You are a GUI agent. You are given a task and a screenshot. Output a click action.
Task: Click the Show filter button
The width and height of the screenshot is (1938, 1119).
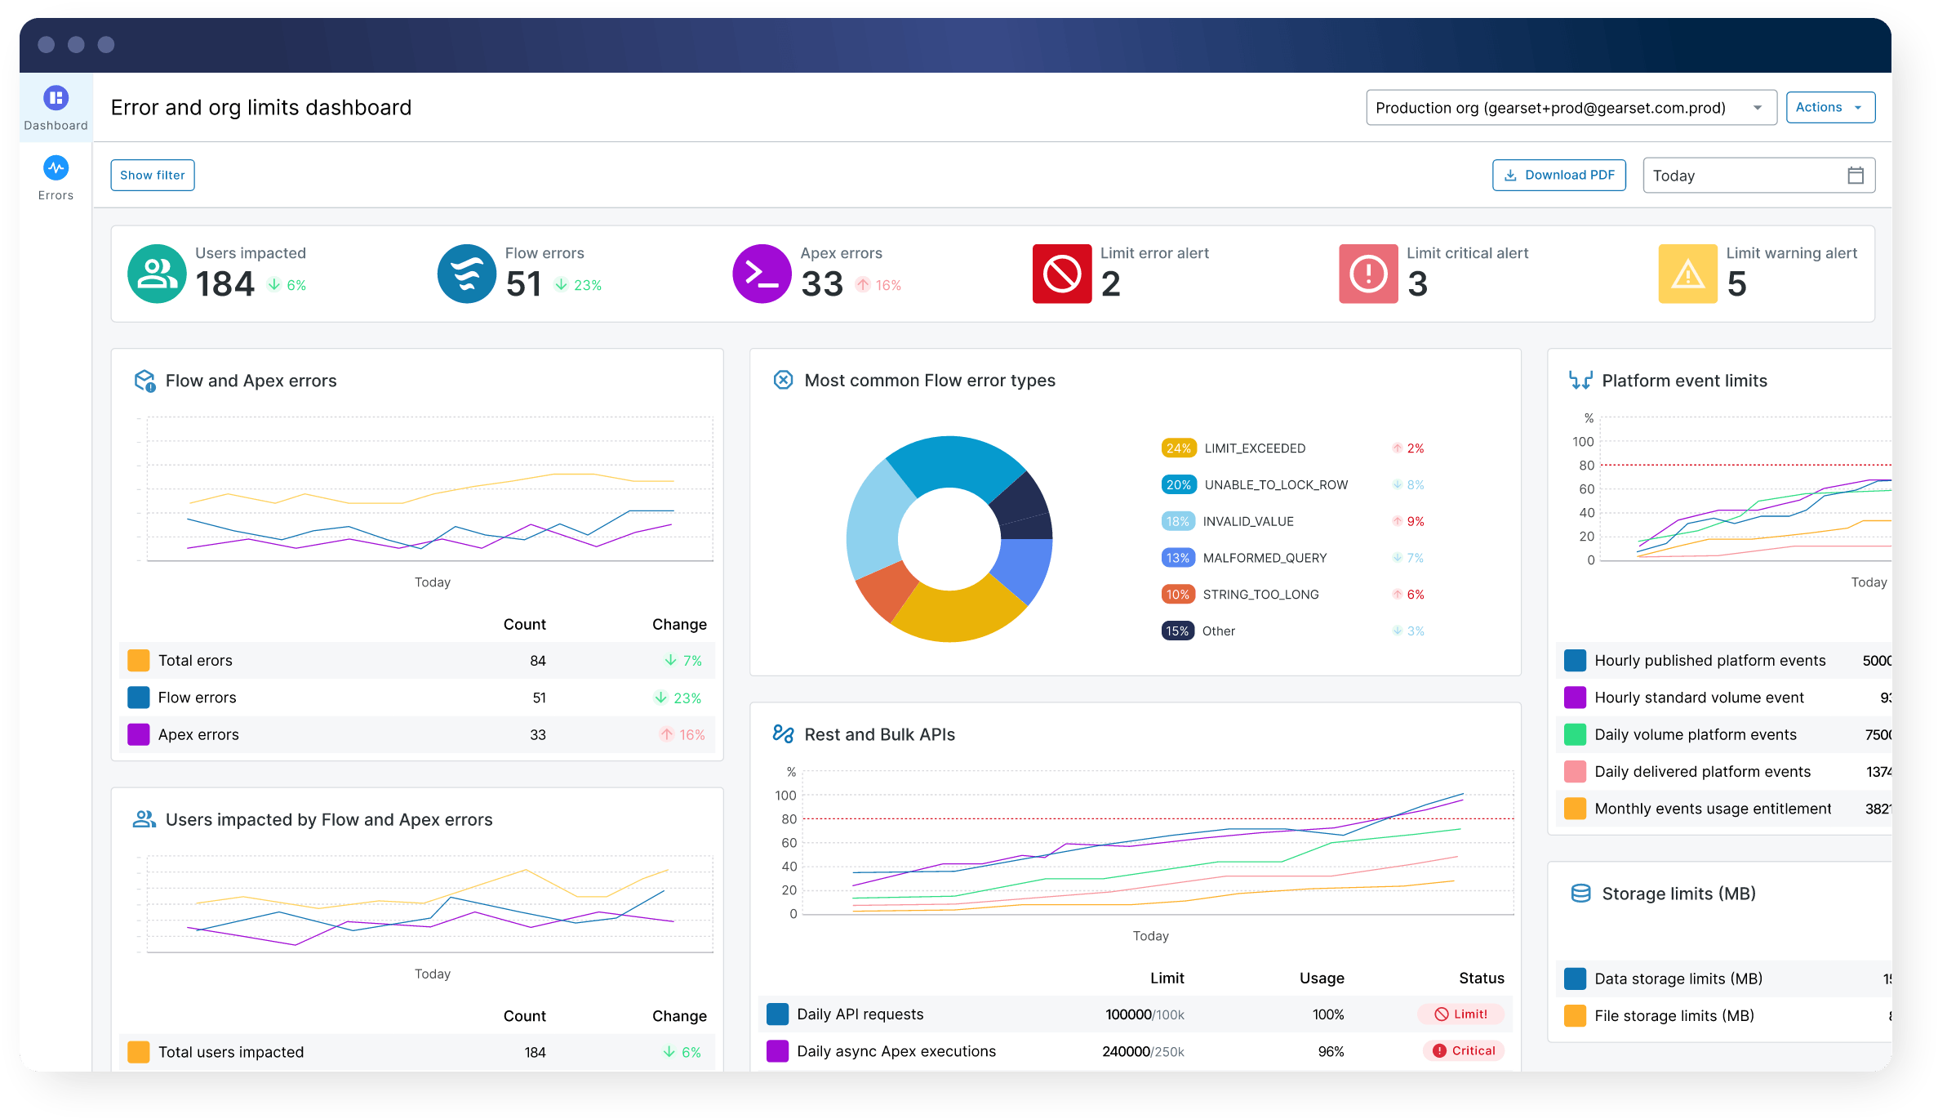[x=153, y=175]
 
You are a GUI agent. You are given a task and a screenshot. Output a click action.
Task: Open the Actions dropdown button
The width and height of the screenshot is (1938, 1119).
[x=1829, y=107]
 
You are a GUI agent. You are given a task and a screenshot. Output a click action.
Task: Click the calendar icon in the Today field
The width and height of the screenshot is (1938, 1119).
[x=1855, y=176]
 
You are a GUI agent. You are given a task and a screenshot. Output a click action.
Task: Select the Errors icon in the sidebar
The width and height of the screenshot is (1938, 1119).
[x=56, y=168]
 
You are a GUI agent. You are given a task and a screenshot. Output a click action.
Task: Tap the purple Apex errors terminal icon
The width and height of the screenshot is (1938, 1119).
[x=761, y=274]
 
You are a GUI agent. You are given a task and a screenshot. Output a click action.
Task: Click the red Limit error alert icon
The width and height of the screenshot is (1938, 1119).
[x=1061, y=274]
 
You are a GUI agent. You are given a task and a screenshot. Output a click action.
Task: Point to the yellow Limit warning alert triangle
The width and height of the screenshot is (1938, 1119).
[x=1687, y=274]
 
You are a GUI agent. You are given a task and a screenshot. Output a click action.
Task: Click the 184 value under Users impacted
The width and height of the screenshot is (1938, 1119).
[x=225, y=284]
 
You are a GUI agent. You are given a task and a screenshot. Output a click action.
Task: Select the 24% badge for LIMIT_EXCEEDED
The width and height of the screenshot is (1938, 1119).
[x=1178, y=448]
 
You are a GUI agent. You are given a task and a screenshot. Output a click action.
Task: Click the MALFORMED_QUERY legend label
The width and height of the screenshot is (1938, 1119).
[x=1265, y=558]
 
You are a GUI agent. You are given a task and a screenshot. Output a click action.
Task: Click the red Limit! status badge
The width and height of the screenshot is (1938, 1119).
[x=1461, y=1014]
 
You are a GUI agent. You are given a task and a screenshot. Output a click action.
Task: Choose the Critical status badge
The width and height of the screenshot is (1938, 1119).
[x=1464, y=1051]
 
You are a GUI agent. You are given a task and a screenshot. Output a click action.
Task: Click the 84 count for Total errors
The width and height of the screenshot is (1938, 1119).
[x=537, y=661]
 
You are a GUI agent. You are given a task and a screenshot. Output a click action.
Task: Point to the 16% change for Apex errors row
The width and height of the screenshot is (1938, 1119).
[x=682, y=735]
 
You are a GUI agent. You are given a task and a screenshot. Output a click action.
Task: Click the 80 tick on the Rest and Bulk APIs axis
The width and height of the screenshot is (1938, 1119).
[x=789, y=819]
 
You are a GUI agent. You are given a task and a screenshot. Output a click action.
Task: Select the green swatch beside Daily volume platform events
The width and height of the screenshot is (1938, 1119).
[x=1575, y=734]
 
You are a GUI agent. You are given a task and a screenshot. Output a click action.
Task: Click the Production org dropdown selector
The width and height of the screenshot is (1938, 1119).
[x=1571, y=108]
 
